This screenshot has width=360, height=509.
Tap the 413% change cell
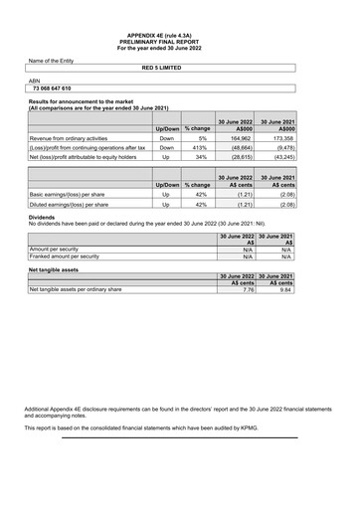199,147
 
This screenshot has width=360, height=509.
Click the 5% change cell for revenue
200,138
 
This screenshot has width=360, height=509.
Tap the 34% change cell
200,156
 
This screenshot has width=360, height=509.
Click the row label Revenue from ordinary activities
68,138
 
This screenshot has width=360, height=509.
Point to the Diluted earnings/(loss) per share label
70,204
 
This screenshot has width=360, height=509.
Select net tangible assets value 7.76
248,289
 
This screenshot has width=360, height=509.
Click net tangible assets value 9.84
285,289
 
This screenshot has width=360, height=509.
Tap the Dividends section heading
42,217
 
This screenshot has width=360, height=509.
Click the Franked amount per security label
65,255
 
